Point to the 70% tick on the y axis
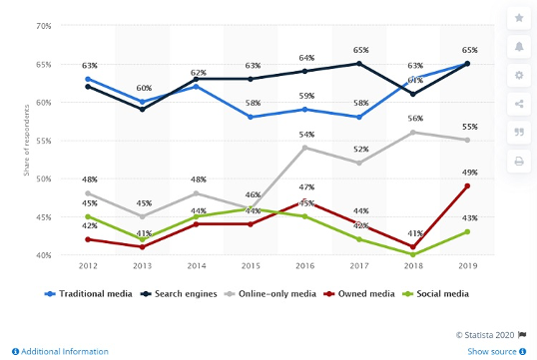[x=44, y=25]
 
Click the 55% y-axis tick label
[x=44, y=140]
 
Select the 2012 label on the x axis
[x=88, y=266]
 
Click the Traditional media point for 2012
[x=88, y=79]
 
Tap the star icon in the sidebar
[x=518, y=18]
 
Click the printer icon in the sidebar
[x=518, y=160]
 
